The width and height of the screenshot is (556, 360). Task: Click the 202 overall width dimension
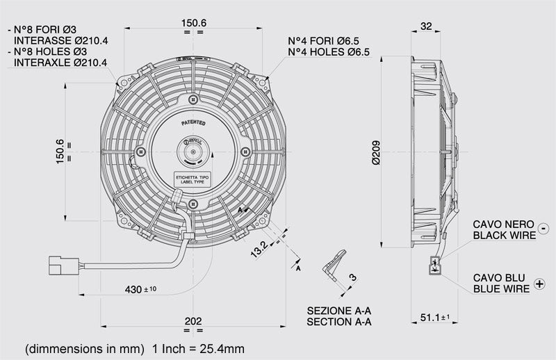(x=193, y=321)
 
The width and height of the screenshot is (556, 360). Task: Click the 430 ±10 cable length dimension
(x=143, y=288)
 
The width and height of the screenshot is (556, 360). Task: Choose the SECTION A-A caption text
(x=339, y=322)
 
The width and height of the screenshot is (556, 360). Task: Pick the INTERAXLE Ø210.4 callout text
(x=60, y=63)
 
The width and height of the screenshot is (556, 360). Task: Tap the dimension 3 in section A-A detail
(x=352, y=277)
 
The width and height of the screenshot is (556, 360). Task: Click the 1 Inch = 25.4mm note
(x=199, y=347)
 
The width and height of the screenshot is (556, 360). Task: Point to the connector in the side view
(x=435, y=264)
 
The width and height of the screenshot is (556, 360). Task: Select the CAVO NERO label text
(x=503, y=224)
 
